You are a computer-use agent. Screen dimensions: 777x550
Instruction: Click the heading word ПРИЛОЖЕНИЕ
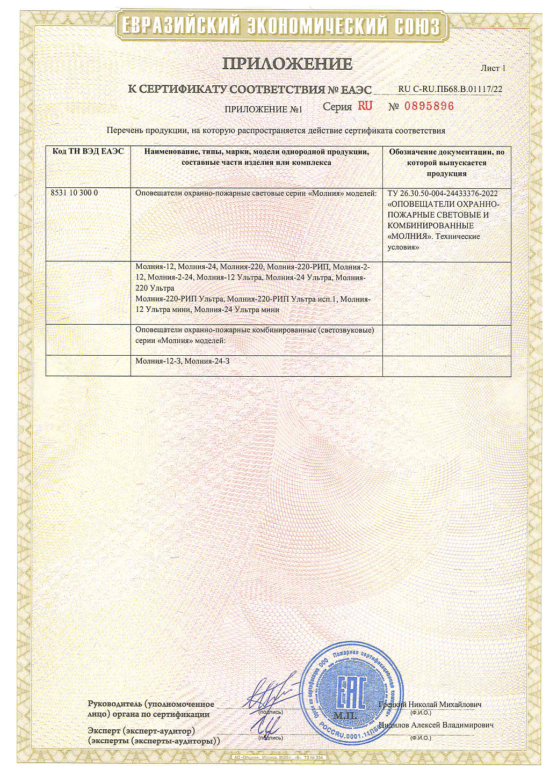click(287, 64)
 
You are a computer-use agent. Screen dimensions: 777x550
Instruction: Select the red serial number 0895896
click(429, 106)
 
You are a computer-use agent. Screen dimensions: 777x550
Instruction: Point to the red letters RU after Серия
click(365, 106)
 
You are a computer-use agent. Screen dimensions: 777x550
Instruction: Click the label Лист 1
click(493, 68)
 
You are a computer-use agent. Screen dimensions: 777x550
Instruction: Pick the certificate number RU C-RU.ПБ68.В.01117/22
click(450, 89)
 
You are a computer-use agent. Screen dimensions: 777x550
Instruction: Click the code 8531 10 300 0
click(74, 193)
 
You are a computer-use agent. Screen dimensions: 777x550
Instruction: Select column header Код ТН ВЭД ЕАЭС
click(88, 152)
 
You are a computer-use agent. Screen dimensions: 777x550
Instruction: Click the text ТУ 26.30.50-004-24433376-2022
click(443, 194)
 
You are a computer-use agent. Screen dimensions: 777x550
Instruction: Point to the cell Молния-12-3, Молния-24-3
click(183, 361)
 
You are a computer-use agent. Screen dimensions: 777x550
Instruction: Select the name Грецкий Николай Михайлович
click(430, 705)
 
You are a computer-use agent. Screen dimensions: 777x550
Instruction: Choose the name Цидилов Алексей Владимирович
click(436, 725)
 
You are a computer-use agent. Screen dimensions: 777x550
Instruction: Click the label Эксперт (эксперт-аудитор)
click(141, 731)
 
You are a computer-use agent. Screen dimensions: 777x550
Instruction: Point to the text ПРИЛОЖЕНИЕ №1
click(263, 109)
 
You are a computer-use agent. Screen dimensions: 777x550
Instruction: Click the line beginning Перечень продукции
click(276, 130)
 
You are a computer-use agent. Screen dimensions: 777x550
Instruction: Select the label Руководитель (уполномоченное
click(150, 704)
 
